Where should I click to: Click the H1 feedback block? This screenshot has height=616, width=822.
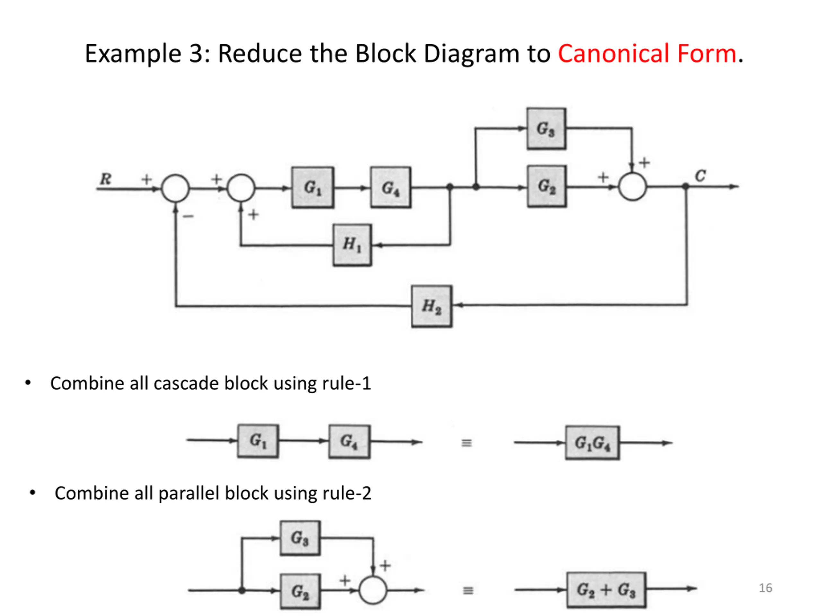pos(352,245)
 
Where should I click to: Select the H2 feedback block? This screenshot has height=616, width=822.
pos(432,306)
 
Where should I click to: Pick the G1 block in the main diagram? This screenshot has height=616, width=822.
pos(312,187)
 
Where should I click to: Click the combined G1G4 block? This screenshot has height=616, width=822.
pos(593,443)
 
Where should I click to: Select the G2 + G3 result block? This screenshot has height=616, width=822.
pos(607,590)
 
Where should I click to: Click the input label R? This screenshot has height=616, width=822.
pos(106,179)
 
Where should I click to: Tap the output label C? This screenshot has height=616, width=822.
pos(700,175)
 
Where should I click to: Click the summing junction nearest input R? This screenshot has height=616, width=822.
pos(175,188)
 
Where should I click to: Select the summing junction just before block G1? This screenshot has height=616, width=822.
pos(241,188)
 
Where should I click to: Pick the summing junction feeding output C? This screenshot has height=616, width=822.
pos(633,187)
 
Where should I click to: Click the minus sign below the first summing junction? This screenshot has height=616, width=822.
pos(188,216)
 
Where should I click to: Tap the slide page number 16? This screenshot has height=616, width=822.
pos(765,588)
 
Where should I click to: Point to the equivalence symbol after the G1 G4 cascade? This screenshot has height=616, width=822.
pos(467,443)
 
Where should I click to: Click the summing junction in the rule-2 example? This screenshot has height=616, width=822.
pos(373,590)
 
